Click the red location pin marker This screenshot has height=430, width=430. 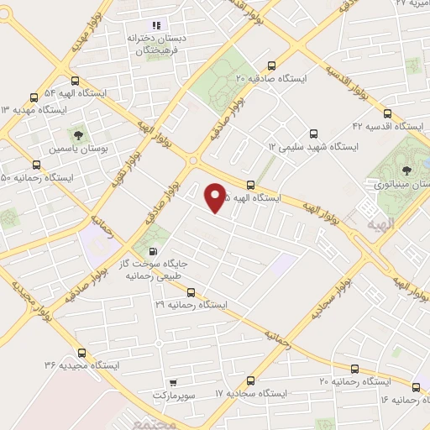point(216,197)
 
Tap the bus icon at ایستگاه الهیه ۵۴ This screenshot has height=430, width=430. point(76,81)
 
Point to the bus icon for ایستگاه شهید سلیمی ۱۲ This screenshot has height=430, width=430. point(313,134)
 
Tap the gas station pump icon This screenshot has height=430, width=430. point(152,251)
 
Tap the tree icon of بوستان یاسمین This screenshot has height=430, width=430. point(76,134)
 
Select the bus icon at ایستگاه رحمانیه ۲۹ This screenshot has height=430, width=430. point(191,293)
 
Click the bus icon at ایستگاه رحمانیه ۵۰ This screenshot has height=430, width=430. point(35,165)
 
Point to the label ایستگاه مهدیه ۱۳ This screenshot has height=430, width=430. point(34,109)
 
